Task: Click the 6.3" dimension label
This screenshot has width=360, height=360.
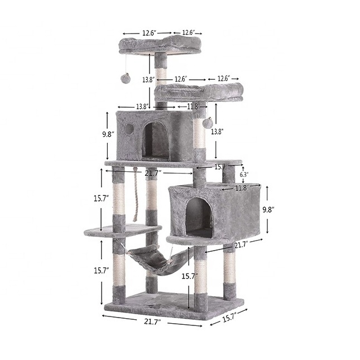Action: coord(244,175)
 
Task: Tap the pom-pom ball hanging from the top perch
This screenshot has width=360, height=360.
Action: coord(126,78)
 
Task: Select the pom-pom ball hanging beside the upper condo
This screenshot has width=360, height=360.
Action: coord(207,122)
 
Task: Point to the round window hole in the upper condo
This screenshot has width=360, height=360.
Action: coord(129,130)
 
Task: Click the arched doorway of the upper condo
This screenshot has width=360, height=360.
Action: coord(155,141)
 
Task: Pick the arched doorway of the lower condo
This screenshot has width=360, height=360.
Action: coord(199,217)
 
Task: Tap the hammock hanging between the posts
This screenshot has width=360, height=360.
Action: coord(159,260)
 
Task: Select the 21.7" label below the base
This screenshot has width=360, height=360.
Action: coord(152,322)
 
